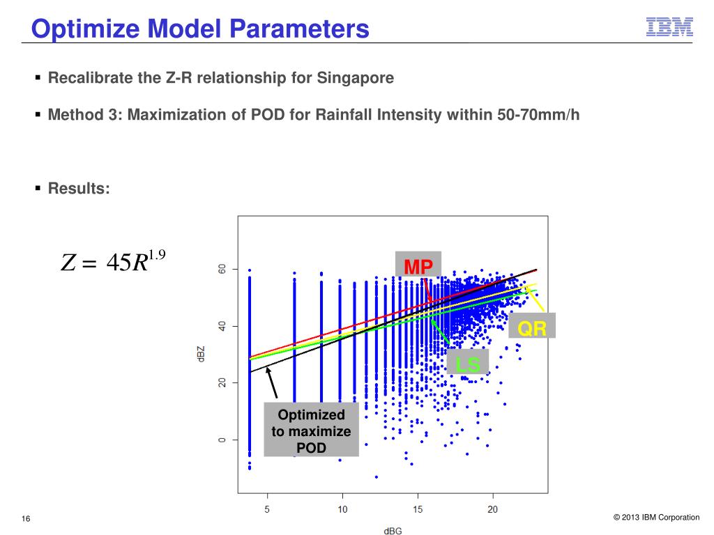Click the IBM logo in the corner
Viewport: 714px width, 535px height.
(x=669, y=26)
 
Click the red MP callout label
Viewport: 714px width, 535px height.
(x=418, y=266)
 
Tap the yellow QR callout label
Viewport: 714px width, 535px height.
(x=532, y=327)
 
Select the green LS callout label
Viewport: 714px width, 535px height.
(x=468, y=364)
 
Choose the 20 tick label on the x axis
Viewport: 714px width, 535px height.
(x=492, y=509)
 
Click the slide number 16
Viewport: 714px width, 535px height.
(x=26, y=518)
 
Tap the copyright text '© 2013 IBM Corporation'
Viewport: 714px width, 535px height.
(x=656, y=518)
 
